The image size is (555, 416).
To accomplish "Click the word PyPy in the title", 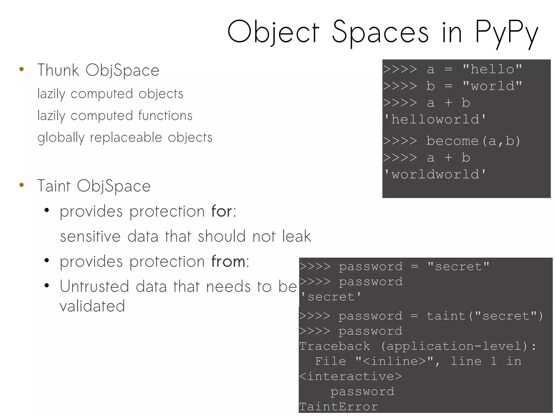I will point(506,33).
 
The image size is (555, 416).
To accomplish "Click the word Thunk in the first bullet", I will point(58,70).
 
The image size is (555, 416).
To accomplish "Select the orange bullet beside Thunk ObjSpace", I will point(22,69).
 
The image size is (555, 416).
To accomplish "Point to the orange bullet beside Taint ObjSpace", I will point(22,185).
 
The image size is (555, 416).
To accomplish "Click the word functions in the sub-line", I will point(165,116).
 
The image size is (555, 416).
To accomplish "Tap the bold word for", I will point(222,211).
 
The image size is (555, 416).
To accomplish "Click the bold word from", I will point(228,262).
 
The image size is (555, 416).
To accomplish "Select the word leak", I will point(296,236).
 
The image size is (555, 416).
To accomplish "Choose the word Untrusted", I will point(94,286).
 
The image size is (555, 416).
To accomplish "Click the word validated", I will point(92,306).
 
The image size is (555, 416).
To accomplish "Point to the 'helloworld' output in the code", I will point(435,120).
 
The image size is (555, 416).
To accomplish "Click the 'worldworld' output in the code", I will point(435,174).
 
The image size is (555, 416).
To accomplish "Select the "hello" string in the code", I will point(492,69).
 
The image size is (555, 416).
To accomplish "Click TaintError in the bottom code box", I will point(338,407).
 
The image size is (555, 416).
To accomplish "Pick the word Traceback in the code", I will point(335,346).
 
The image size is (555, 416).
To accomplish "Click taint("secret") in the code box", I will point(485,316).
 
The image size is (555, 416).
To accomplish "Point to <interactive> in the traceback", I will point(350,376).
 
